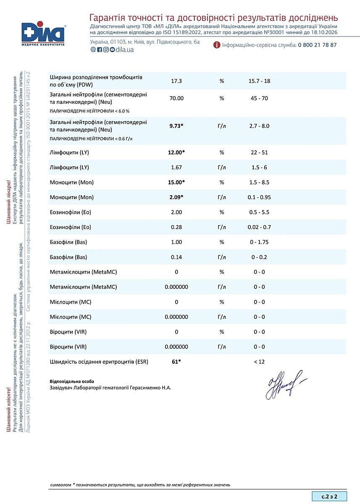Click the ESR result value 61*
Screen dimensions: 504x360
coord(176,361)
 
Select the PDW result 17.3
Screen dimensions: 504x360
coord(176,81)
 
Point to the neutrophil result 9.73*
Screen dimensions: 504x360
coord(176,126)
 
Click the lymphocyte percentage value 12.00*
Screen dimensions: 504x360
coord(176,152)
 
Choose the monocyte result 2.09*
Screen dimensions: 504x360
coord(176,197)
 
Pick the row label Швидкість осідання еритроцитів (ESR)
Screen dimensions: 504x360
coord(99,361)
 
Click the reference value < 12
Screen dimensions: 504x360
coord(259,362)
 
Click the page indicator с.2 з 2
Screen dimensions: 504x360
coord(329,496)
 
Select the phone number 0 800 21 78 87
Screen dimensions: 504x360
coord(317,45)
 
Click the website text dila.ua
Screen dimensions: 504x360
coord(125,50)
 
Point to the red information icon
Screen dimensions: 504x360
coord(217,45)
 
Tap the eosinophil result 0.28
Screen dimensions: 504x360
coord(176,227)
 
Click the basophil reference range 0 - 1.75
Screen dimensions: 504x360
coord(259,242)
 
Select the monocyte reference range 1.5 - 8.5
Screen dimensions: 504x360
coord(259,182)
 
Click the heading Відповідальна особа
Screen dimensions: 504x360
coord(69,381)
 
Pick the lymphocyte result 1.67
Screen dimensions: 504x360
coord(176,168)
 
